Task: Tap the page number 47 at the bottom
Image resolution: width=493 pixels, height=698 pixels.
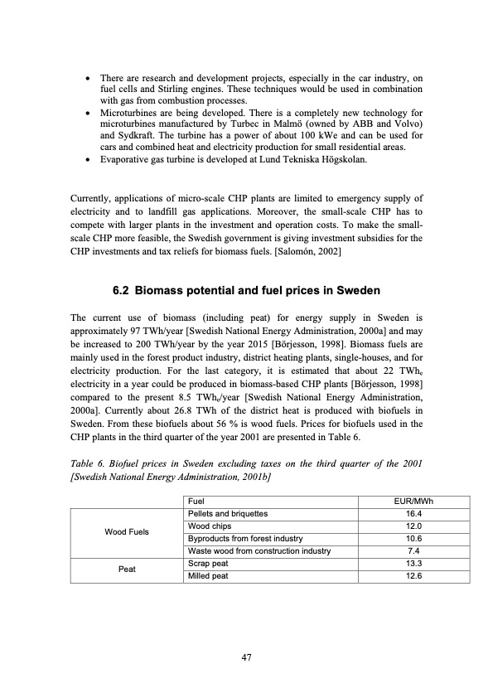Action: point(246,657)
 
